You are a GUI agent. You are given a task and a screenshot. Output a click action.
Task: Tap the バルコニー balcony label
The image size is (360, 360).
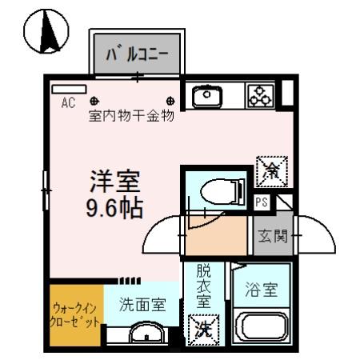[138, 54]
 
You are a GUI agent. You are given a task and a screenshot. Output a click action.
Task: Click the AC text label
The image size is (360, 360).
[68, 102]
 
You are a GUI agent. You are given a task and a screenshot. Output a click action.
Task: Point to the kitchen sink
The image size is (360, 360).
[207, 96]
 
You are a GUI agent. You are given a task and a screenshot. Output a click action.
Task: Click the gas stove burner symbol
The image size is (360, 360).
[260, 96]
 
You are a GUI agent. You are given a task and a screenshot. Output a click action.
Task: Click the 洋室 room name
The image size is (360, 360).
[114, 182]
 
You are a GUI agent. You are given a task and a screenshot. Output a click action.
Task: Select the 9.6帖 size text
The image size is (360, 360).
[114, 208]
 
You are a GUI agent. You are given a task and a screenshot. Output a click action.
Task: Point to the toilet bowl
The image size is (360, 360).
[218, 190]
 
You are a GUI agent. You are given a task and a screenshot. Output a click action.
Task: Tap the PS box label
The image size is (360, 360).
[262, 203]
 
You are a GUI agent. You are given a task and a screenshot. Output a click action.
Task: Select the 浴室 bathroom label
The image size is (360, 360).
[260, 290]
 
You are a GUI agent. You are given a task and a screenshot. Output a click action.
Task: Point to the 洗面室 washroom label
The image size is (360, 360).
[142, 304]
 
